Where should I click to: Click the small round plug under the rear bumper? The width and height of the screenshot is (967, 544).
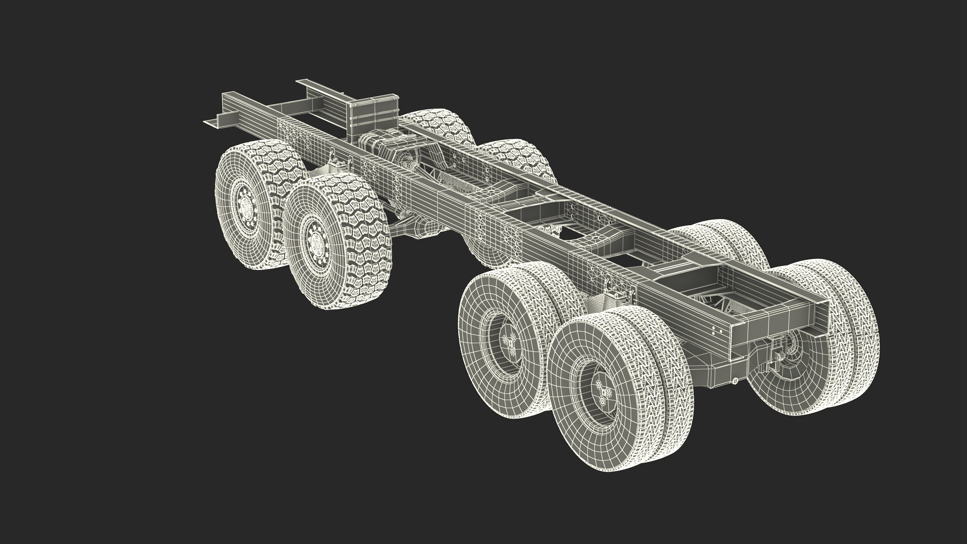736,381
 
